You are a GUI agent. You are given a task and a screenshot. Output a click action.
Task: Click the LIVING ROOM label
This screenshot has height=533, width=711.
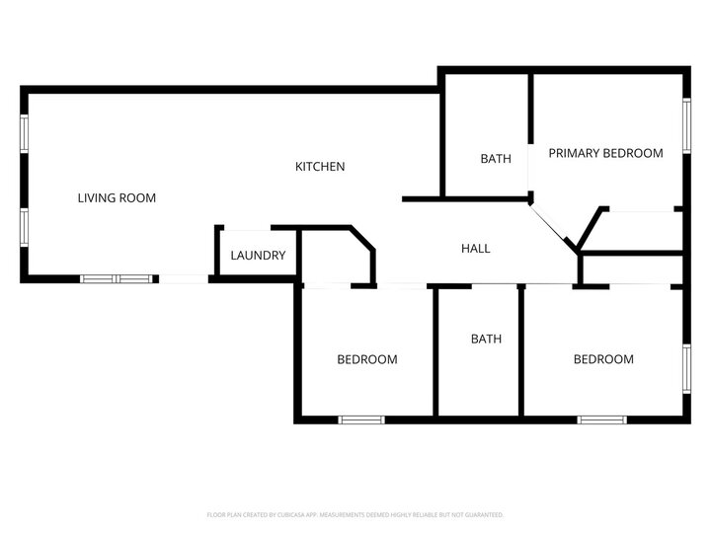tap(117, 197)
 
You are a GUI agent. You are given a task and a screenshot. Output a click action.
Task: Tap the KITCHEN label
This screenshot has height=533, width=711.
tap(320, 167)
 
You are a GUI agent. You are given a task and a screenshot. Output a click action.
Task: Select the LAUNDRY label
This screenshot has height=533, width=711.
tap(258, 256)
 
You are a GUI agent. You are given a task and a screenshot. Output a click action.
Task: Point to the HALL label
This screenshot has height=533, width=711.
tap(476, 249)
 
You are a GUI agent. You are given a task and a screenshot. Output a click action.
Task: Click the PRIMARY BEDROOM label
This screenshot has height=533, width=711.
tap(605, 153)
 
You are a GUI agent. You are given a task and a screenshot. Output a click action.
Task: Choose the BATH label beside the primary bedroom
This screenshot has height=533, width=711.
tap(496, 159)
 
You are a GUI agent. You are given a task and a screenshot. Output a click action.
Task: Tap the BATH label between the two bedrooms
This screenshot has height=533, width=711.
tap(486, 339)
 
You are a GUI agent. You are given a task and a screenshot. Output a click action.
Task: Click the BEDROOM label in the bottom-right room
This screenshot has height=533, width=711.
tap(603, 359)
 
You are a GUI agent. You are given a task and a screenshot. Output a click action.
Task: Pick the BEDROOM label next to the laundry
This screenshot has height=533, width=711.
tap(367, 359)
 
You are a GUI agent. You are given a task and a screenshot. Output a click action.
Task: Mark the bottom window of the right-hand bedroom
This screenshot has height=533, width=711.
tap(602, 419)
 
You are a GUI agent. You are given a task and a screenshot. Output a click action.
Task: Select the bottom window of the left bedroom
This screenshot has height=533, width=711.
tap(361, 419)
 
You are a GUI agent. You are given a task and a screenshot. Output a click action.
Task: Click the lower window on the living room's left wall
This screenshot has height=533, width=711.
tap(25, 225)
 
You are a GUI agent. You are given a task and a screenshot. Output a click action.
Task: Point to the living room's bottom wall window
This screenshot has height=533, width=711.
tap(117, 279)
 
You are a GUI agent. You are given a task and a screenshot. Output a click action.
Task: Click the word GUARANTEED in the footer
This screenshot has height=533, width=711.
tap(483, 515)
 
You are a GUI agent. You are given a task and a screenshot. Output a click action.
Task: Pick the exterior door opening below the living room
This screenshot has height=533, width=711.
tap(183, 279)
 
